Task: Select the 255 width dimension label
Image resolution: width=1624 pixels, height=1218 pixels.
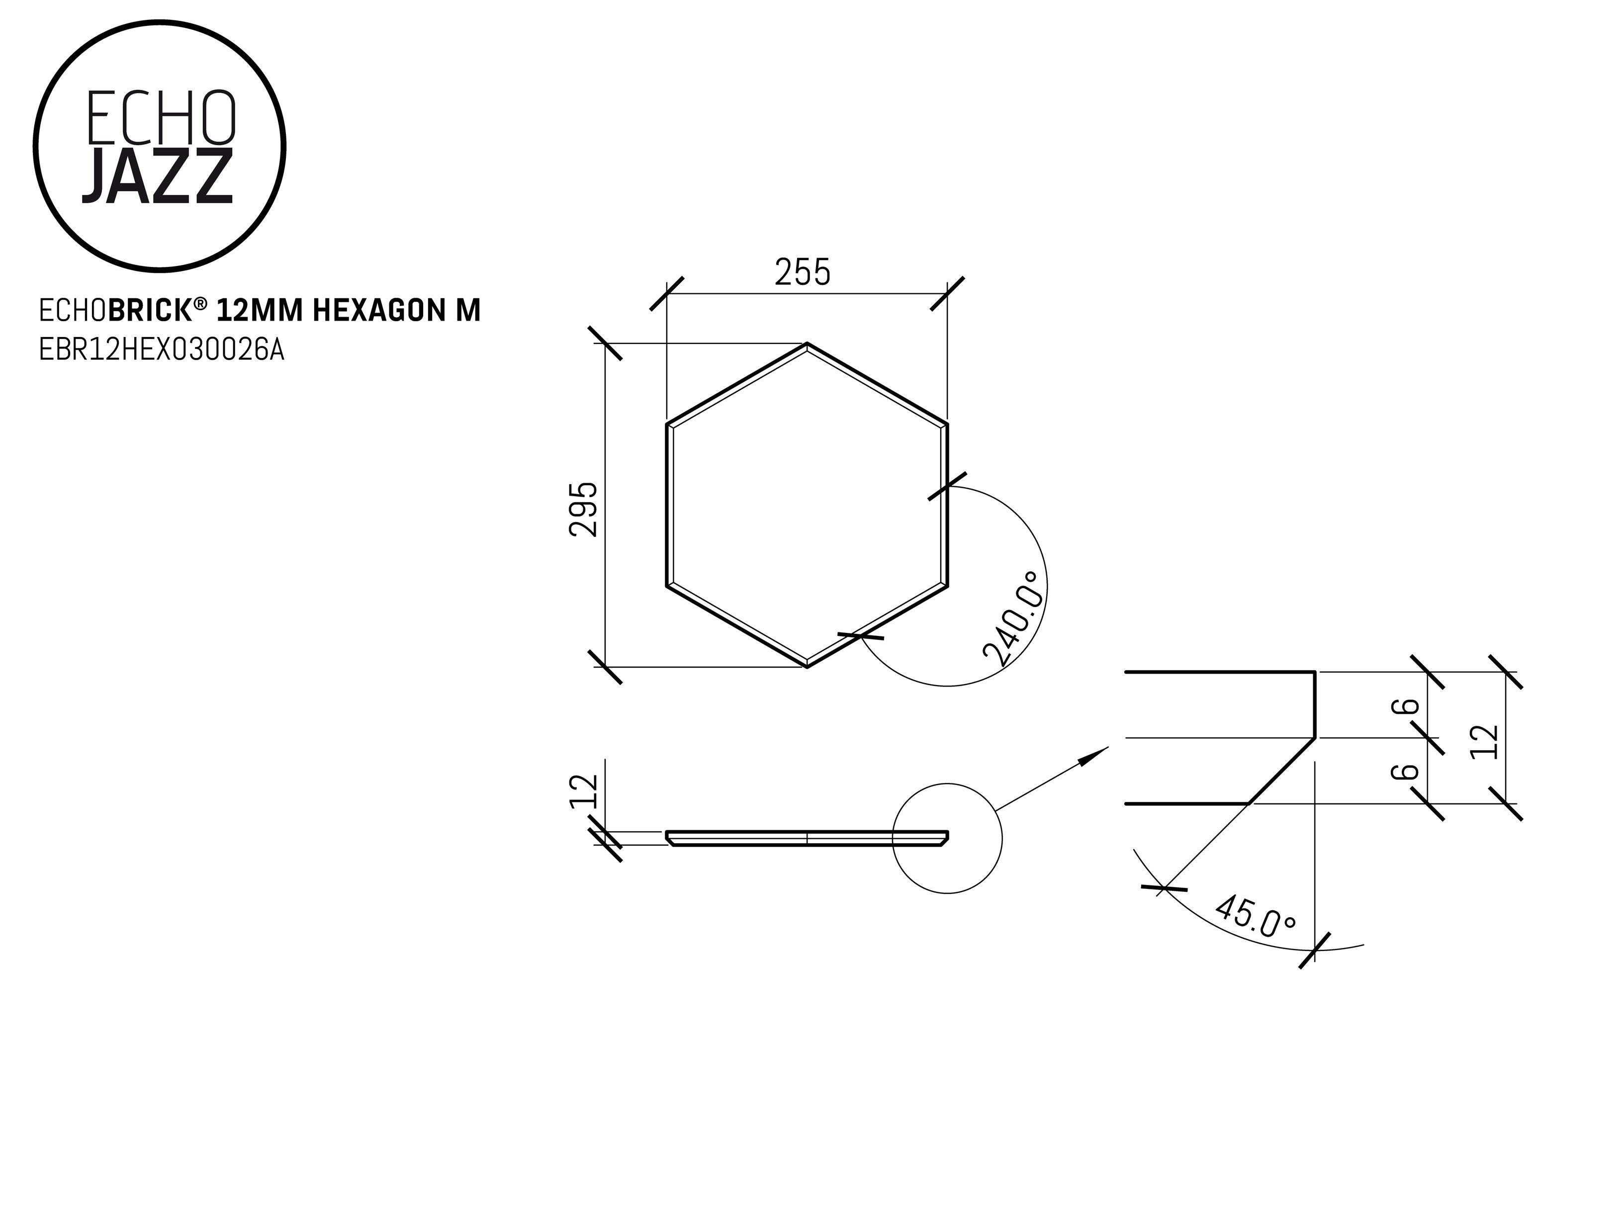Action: click(x=803, y=272)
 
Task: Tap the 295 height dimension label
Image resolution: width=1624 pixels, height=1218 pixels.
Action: click(x=584, y=509)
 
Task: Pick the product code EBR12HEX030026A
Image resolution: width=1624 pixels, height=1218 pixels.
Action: click(x=162, y=350)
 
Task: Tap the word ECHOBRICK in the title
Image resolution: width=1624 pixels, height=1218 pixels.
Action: click(x=115, y=311)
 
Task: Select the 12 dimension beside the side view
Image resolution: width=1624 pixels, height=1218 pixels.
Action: click(x=585, y=791)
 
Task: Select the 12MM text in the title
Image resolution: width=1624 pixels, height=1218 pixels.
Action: click(x=260, y=311)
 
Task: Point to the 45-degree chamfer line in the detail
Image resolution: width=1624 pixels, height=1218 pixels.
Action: click(x=1281, y=771)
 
